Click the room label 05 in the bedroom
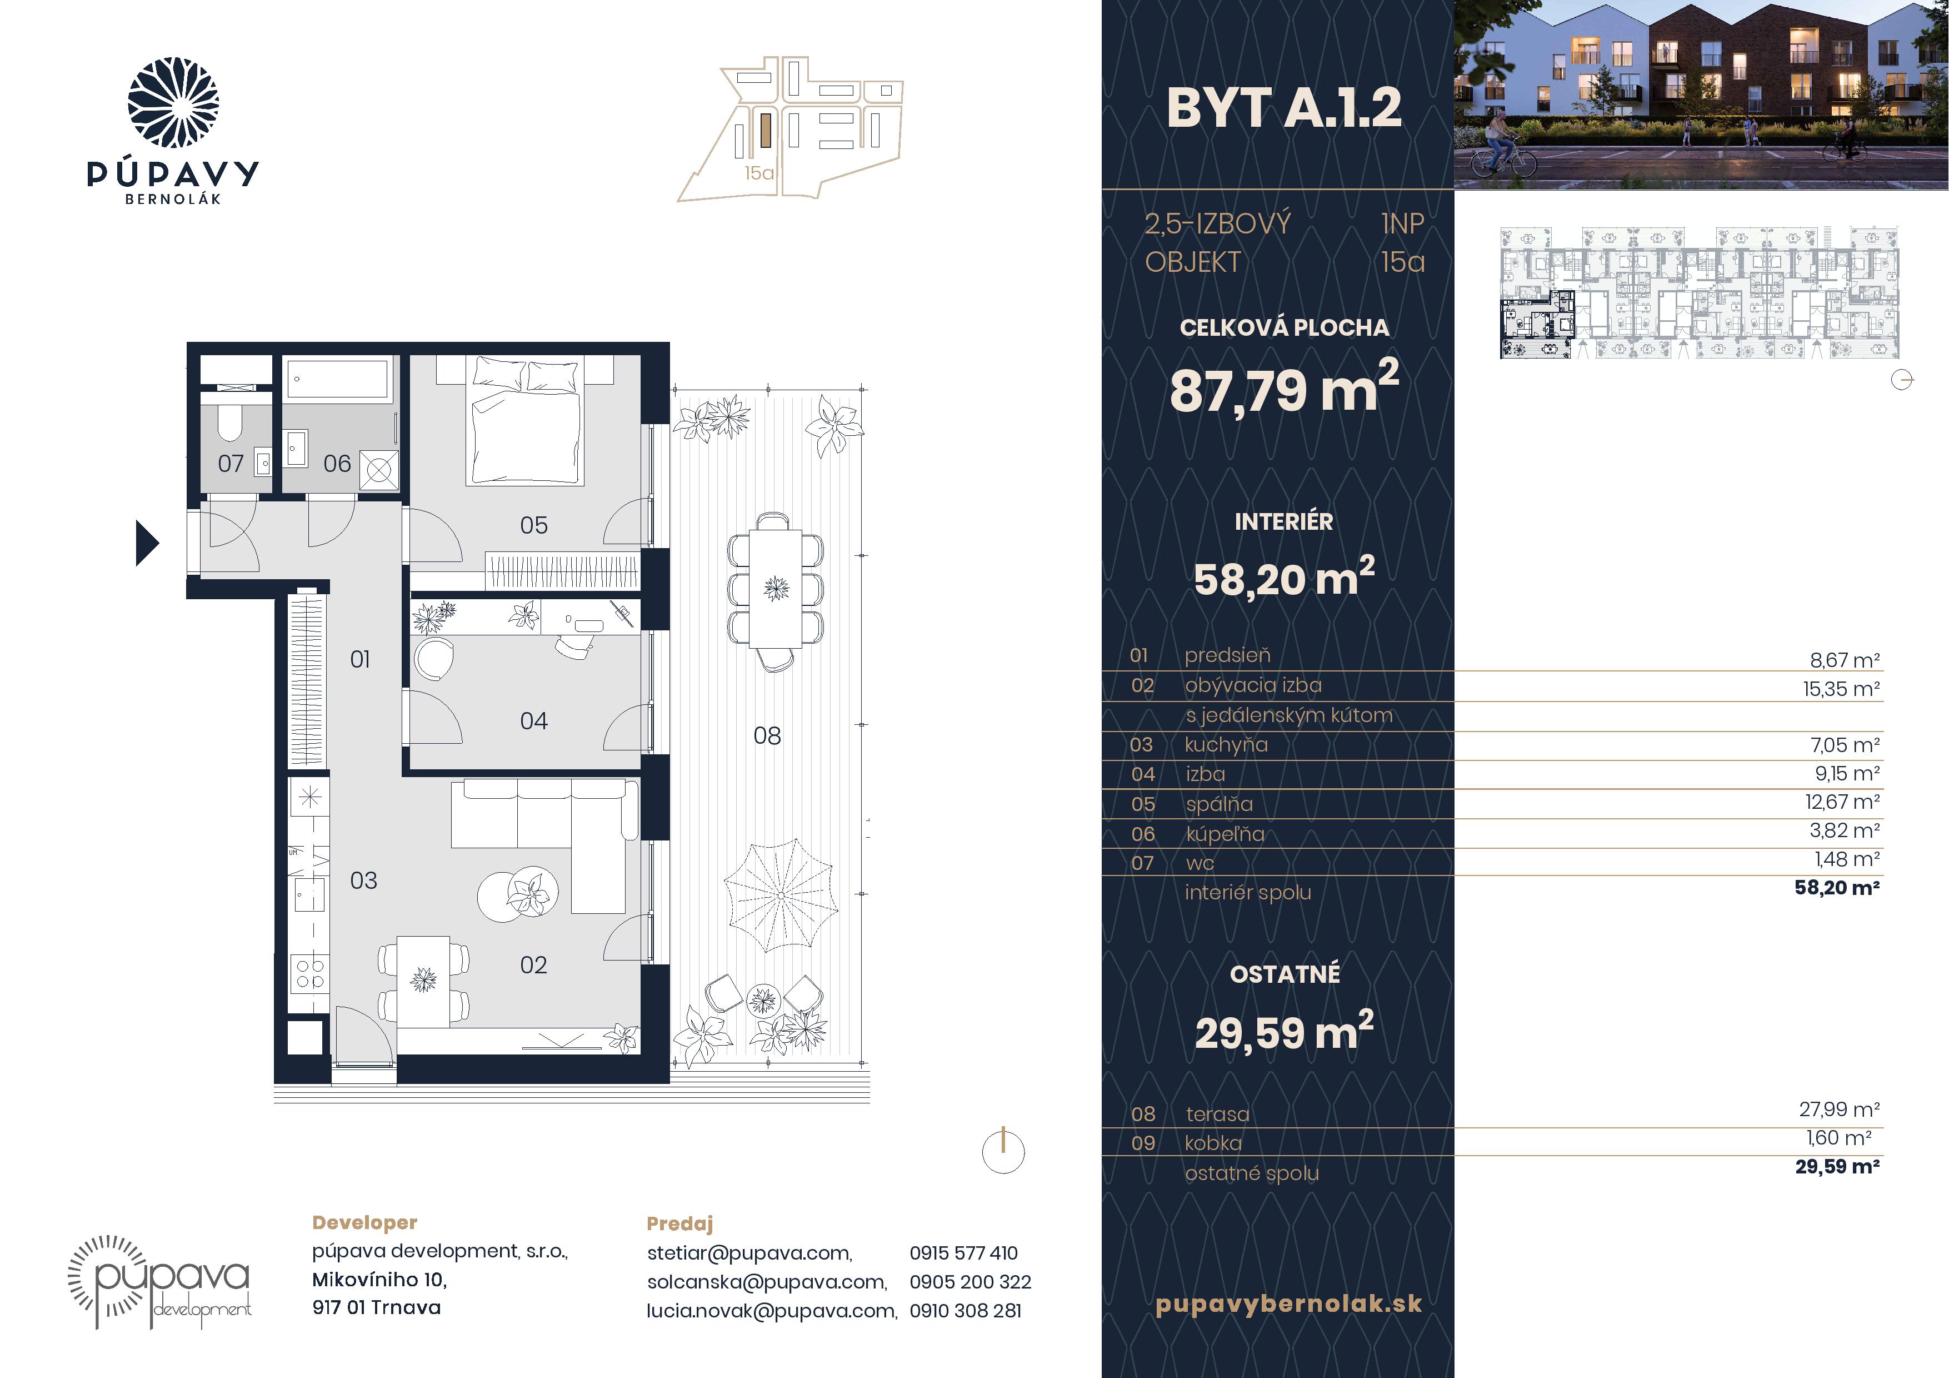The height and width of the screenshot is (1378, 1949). (x=533, y=525)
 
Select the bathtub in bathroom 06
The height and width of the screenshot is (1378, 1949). (x=338, y=378)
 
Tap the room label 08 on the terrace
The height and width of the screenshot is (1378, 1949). (x=767, y=736)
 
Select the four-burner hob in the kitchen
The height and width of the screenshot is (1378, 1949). (x=309, y=973)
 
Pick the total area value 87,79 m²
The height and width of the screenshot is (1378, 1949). (x=1283, y=388)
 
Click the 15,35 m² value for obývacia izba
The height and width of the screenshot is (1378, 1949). (x=1841, y=689)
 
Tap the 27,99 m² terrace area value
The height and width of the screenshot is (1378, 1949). (x=1840, y=1109)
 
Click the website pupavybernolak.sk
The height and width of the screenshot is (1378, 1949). (x=1288, y=1304)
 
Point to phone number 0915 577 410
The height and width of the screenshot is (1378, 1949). (x=963, y=1253)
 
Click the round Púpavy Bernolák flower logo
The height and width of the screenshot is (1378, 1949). (x=173, y=103)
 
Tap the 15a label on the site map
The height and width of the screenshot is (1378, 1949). (x=759, y=173)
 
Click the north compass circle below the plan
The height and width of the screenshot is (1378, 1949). (x=1003, y=1152)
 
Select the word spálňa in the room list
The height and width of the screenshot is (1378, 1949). (x=1219, y=804)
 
